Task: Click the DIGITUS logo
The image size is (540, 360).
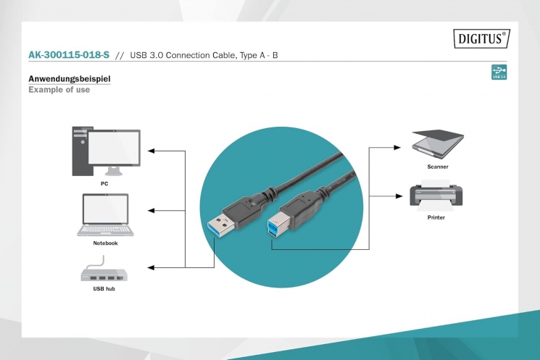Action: (481, 38)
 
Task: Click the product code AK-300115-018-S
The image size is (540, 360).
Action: (68, 55)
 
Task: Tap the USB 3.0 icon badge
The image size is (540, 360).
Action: (499, 72)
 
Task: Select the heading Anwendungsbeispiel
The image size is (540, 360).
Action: (69, 78)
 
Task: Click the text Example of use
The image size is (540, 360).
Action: (59, 89)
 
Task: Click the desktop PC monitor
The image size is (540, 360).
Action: (114, 149)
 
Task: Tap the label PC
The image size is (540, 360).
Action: (104, 183)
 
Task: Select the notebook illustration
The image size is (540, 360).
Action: (105, 214)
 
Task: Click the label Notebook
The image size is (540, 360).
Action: (105, 243)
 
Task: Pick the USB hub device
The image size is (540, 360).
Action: (104, 275)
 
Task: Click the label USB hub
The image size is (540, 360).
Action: (104, 288)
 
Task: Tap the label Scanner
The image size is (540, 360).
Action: (438, 167)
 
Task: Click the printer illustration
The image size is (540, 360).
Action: (436, 196)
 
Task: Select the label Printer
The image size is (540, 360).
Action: (436, 217)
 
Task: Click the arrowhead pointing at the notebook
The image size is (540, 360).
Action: (151, 211)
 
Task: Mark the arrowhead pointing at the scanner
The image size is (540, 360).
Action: (396, 147)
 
